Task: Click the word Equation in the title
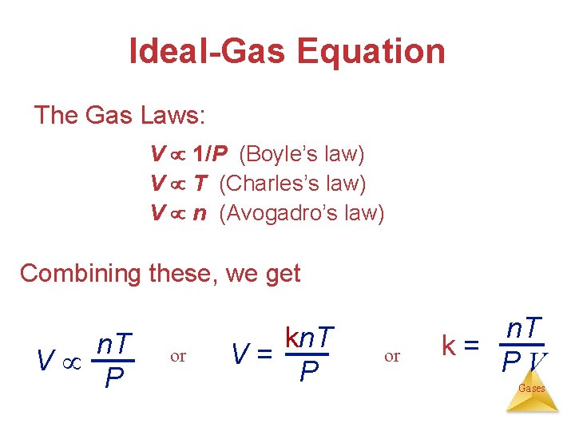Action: point(371,52)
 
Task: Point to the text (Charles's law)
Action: point(292,184)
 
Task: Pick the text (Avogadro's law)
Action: point(301,213)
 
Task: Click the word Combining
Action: point(80,273)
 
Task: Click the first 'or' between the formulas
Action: point(178,356)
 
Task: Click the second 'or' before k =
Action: point(392,356)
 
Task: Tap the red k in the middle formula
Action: point(291,338)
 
